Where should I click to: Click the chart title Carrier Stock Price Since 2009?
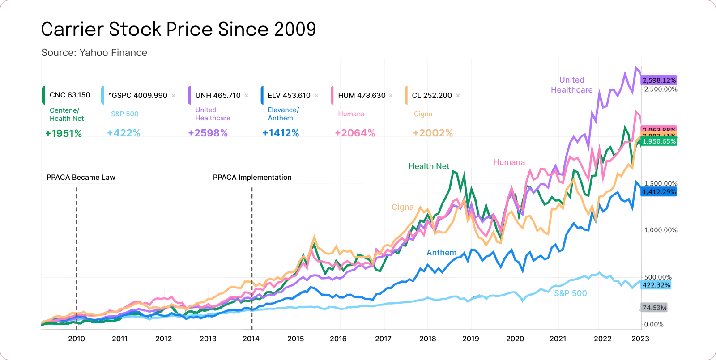pyautogui.click(x=178, y=30)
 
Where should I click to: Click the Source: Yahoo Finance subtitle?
pyautogui.click(x=94, y=53)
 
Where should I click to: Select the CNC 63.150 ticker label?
pyautogui.click(x=70, y=95)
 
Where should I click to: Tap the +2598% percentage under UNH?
pyautogui.click(x=208, y=133)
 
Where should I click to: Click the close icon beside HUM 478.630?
pyautogui.click(x=391, y=96)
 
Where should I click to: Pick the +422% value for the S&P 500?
pyautogui.click(x=124, y=133)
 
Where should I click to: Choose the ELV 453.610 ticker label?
pyautogui.click(x=289, y=96)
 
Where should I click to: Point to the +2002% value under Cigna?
pyautogui.click(x=433, y=133)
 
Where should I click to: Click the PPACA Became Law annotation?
pyautogui.click(x=81, y=178)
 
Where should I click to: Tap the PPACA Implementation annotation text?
pyautogui.click(x=252, y=178)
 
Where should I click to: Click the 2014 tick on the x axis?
pyautogui.click(x=251, y=339)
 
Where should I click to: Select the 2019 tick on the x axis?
pyautogui.click(x=470, y=339)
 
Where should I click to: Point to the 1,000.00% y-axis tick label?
pyautogui.click(x=661, y=230)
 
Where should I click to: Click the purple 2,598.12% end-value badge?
pyautogui.click(x=659, y=80)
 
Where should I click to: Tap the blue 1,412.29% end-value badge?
pyautogui.click(x=659, y=192)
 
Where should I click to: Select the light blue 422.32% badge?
pyautogui.click(x=656, y=285)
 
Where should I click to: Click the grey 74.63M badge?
pyautogui.click(x=654, y=308)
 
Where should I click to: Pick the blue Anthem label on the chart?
pyautogui.click(x=441, y=253)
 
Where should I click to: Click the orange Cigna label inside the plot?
pyautogui.click(x=402, y=207)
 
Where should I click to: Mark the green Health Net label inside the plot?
pyautogui.click(x=429, y=166)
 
